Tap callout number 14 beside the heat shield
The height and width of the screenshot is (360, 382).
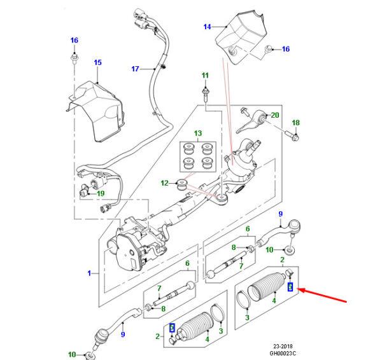(x=207, y=27)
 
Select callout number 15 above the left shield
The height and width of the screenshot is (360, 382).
(x=97, y=62)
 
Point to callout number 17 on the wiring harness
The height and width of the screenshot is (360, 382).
(x=135, y=69)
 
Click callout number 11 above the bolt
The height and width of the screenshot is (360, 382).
(x=205, y=76)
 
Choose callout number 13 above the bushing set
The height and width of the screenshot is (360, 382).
(x=197, y=134)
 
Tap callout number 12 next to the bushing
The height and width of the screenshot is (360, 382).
(x=164, y=183)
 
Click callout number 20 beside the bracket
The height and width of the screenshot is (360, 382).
(x=275, y=115)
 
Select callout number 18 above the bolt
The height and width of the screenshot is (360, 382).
(x=295, y=123)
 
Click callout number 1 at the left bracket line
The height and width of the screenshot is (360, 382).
(x=90, y=274)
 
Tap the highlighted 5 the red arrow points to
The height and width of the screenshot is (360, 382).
(x=290, y=287)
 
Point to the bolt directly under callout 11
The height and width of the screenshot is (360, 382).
(x=205, y=94)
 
